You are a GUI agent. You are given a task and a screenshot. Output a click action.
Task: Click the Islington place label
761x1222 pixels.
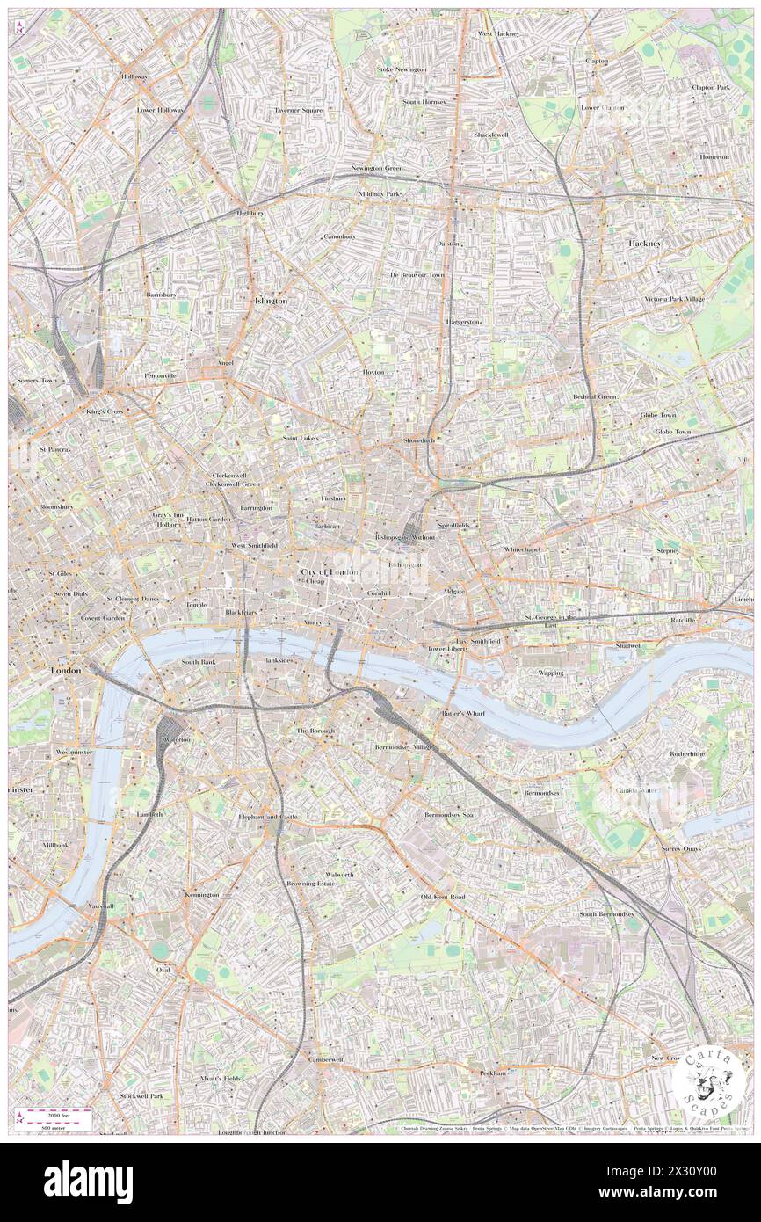click(x=270, y=301)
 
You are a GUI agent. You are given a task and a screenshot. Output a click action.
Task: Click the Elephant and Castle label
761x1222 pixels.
click(x=268, y=817)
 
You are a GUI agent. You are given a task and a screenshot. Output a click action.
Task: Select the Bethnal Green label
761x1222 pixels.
click(x=595, y=396)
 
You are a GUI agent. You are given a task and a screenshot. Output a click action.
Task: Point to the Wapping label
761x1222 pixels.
click(x=551, y=673)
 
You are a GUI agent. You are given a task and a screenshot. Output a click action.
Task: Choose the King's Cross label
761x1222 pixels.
click(x=106, y=411)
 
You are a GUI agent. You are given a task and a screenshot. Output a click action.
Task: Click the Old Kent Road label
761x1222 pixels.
click(x=443, y=897)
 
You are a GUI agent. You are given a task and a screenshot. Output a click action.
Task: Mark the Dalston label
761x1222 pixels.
click(x=448, y=243)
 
